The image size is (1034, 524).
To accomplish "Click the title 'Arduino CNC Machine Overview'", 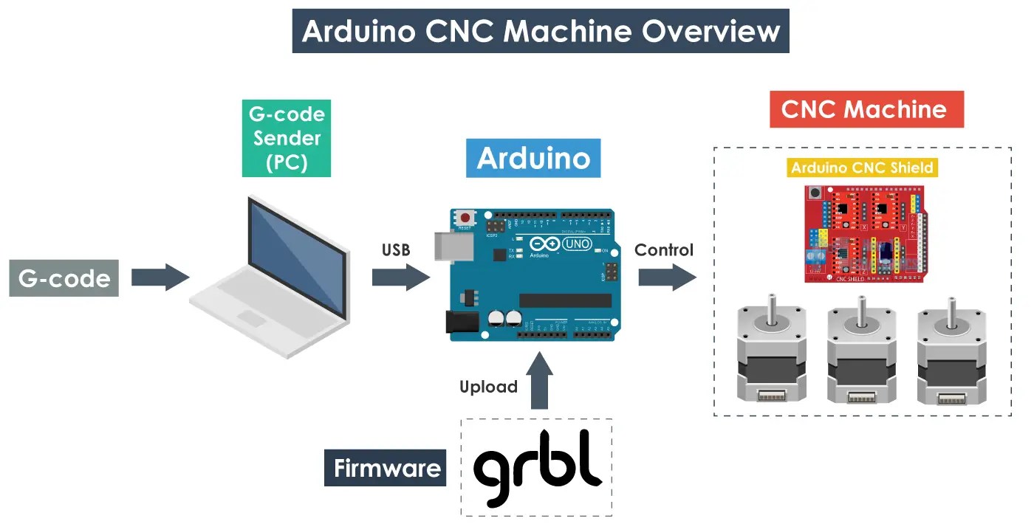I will click(x=541, y=31).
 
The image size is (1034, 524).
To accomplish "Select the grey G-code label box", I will click(x=64, y=278).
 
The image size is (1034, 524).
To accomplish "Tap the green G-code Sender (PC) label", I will click(x=286, y=138).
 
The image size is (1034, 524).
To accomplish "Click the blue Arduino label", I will click(x=533, y=158).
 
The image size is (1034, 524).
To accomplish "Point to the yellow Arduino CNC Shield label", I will click(x=862, y=168).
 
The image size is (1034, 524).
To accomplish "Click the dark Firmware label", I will click(x=386, y=468).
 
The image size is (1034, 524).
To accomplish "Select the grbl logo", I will click(x=537, y=466).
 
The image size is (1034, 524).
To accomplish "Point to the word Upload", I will click(x=488, y=387).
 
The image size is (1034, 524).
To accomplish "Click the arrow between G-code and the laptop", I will click(x=160, y=277).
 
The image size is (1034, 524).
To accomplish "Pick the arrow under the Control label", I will click(x=667, y=277).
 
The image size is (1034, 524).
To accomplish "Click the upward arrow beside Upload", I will click(x=539, y=380).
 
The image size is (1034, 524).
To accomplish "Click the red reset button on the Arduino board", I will click(x=466, y=218).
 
